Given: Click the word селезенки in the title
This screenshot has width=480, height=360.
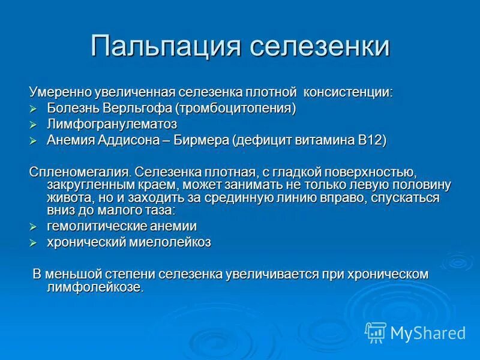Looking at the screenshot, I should click(x=320, y=47).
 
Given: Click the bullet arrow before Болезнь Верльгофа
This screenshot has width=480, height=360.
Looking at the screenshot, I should click(x=34, y=109).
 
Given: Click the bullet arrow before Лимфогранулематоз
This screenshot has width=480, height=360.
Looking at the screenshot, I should click(x=34, y=125).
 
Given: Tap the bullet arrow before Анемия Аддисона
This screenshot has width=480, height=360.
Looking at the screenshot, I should click(x=34, y=140).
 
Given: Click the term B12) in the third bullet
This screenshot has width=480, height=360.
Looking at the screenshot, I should click(x=372, y=140).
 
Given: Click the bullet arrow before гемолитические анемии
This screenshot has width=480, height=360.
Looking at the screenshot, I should click(x=34, y=227).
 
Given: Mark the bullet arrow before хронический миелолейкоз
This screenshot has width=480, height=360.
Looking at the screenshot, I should click(x=34, y=242).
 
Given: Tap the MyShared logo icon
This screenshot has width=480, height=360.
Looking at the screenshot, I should click(x=376, y=332).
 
